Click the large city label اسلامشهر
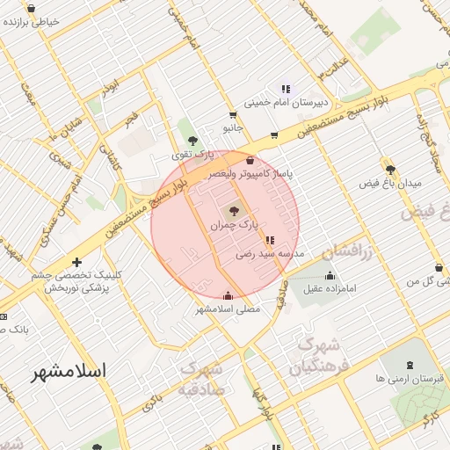(x=69, y=371)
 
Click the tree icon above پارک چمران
(x=234, y=210)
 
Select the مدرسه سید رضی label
(x=269, y=254)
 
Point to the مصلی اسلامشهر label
(x=229, y=308)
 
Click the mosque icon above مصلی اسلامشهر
(x=229, y=295)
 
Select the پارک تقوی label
(x=192, y=155)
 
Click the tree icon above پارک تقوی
(x=192, y=141)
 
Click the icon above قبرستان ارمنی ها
(x=410, y=365)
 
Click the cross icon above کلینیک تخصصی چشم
(x=77, y=262)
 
